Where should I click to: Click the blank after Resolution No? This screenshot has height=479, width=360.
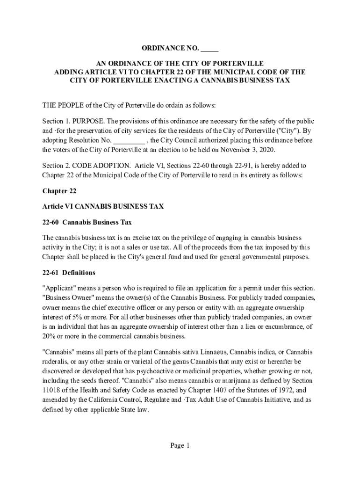click(129, 140)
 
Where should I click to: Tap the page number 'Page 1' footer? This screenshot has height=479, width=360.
click(180, 446)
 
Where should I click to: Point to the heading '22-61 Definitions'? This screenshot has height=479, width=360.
click(69, 273)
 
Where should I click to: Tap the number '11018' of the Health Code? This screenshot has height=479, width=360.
click(51, 391)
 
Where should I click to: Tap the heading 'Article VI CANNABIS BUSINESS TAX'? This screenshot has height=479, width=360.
click(103, 206)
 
